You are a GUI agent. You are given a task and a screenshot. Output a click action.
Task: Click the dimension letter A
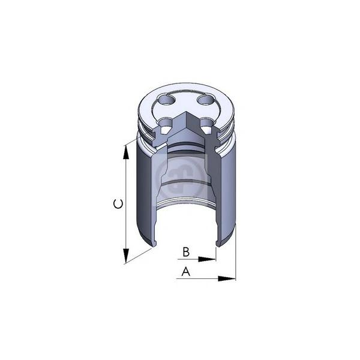186,271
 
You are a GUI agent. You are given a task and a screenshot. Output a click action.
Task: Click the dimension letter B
186,252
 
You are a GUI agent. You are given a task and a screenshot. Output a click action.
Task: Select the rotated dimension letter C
118,204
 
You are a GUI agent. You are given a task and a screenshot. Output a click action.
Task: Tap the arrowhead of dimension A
227,279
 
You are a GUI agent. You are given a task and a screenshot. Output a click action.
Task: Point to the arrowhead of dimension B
207,259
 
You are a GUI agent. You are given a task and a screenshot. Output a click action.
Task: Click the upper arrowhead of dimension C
125,152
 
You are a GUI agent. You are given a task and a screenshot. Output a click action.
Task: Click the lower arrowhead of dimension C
125,256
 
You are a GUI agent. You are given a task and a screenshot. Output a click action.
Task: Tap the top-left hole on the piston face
166,100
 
